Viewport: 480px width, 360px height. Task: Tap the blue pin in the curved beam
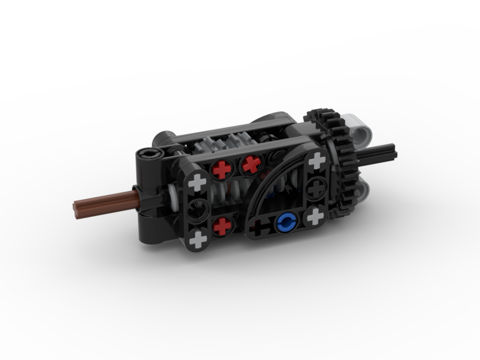pyautogui.click(x=287, y=221)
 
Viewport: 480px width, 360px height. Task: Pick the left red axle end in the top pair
pyautogui.click(x=222, y=169)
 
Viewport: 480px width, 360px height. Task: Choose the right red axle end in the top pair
pyautogui.click(x=251, y=165)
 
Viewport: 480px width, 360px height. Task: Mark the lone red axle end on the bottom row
pyautogui.click(x=222, y=226)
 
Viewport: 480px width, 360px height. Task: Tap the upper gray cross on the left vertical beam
pyautogui.click(x=197, y=182)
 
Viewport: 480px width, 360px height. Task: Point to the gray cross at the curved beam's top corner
pyautogui.click(x=317, y=161)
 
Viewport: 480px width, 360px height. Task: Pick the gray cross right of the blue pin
pyautogui.click(x=315, y=216)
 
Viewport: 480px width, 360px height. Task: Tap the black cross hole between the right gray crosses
pyautogui.click(x=317, y=188)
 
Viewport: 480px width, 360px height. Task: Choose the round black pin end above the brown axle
pyautogui.click(x=145, y=155)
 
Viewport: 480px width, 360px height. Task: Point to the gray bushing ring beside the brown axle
pyautogui.click(x=173, y=194)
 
